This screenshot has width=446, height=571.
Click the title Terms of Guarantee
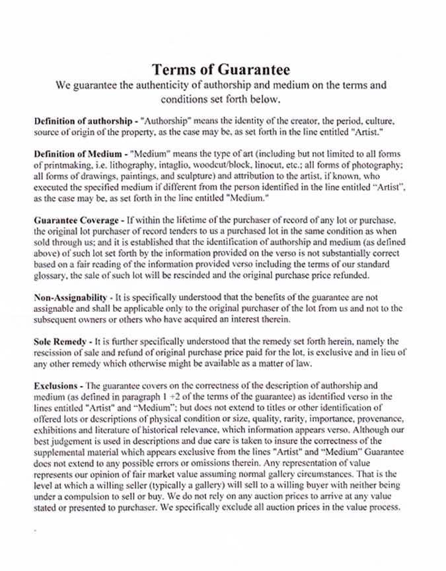tap(221, 69)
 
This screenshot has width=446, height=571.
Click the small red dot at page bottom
tap(34, 530)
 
